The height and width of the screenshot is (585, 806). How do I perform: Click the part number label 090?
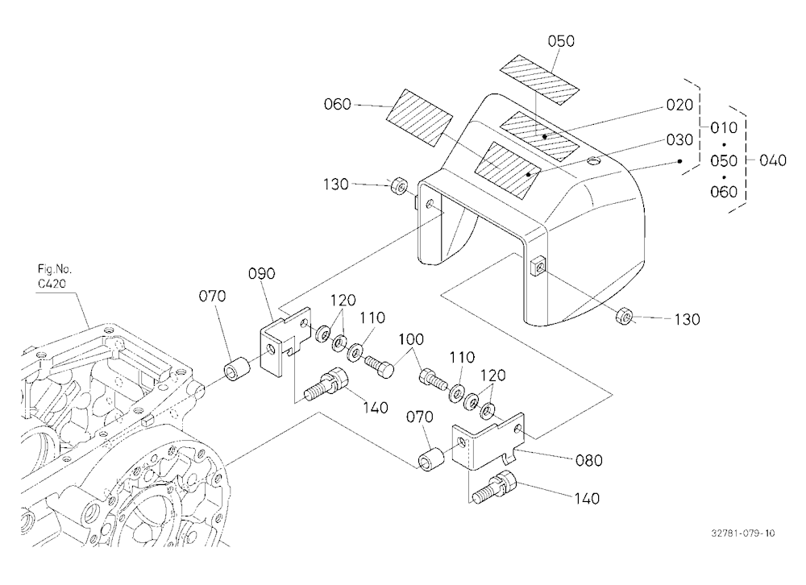tap(262, 273)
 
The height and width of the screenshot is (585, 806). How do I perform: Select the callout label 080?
tap(588, 460)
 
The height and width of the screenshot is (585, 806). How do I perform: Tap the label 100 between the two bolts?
tap(411, 339)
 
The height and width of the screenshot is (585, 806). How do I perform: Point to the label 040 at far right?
tap(773, 160)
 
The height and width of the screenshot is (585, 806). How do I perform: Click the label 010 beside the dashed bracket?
tap(724, 127)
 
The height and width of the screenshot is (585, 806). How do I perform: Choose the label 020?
tap(679, 105)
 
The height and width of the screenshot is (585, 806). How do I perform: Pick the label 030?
tap(679, 140)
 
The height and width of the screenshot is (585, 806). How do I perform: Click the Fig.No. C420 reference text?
tap(55, 276)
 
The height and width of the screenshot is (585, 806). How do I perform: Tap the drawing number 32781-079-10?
tap(743, 533)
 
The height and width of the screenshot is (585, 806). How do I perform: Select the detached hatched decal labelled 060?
tap(419, 118)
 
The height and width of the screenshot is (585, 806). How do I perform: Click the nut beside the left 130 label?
tap(399, 186)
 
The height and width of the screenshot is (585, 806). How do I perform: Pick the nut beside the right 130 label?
tap(624, 316)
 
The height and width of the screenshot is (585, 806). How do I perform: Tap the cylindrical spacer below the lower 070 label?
tap(430, 459)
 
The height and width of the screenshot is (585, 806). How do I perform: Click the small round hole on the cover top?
tap(594, 163)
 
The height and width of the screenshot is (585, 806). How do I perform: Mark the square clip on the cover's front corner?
tap(537, 266)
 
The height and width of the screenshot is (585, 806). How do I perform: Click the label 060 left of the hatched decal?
tap(337, 105)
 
